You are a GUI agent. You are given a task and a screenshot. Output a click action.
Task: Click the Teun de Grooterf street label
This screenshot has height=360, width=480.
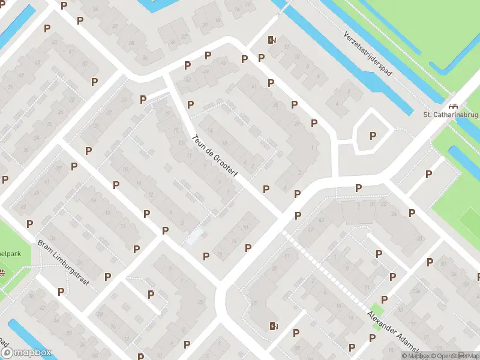pyautogui.click(x=214, y=154)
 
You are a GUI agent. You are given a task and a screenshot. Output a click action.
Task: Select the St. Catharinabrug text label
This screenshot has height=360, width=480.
pyautogui.click(x=450, y=114)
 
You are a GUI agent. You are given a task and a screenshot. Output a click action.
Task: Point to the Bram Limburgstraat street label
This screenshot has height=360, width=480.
pyautogui.click(x=64, y=263)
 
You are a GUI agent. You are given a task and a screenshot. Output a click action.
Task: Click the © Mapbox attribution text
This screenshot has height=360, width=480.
pyautogui.click(x=415, y=356)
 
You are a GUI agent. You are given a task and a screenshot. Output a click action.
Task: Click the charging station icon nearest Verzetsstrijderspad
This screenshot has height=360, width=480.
pyautogui.click(x=272, y=40)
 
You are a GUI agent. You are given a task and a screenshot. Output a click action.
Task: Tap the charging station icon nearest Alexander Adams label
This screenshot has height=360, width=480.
pyautogui.click(x=274, y=326)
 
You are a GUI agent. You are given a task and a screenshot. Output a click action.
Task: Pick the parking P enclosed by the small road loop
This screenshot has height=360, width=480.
pyautogui.click(x=373, y=136)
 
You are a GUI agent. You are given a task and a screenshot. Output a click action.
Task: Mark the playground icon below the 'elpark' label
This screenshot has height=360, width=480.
pyautogui.click(x=2, y=274)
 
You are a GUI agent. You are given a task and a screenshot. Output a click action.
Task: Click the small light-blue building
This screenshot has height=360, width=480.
pyautogui.click(x=194, y=236)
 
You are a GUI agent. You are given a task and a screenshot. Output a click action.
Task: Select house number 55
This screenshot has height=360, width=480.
pyautogui.click(x=275, y=268)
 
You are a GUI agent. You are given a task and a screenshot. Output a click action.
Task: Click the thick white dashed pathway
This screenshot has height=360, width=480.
pyautogui.click(x=327, y=270)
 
